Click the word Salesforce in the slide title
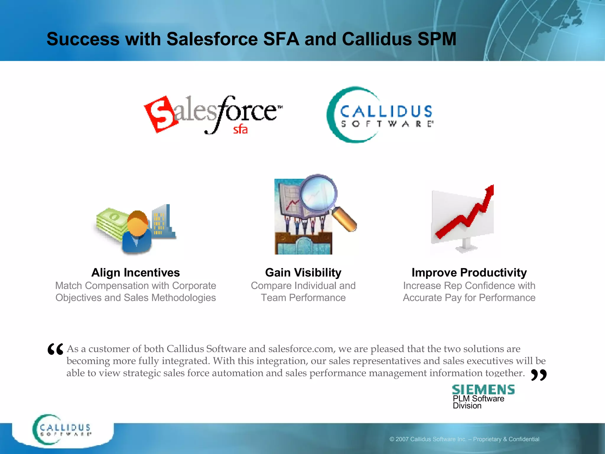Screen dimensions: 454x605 [x=212, y=39]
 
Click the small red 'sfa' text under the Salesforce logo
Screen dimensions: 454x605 [x=240, y=129]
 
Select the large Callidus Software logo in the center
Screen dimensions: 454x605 [x=380, y=115]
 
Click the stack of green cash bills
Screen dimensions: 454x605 [x=111, y=223]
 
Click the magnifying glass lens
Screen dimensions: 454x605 [x=318, y=194]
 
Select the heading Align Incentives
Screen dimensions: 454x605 [x=136, y=273]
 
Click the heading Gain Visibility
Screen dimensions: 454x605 [x=303, y=273]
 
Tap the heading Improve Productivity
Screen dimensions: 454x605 [x=469, y=273]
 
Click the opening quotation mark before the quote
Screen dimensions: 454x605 [x=55, y=349]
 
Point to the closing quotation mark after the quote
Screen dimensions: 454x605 [x=539, y=375]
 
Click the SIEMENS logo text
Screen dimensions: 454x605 [x=483, y=390]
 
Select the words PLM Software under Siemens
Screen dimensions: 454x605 [x=478, y=399]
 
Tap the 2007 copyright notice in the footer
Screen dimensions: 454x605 [x=464, y=439]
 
